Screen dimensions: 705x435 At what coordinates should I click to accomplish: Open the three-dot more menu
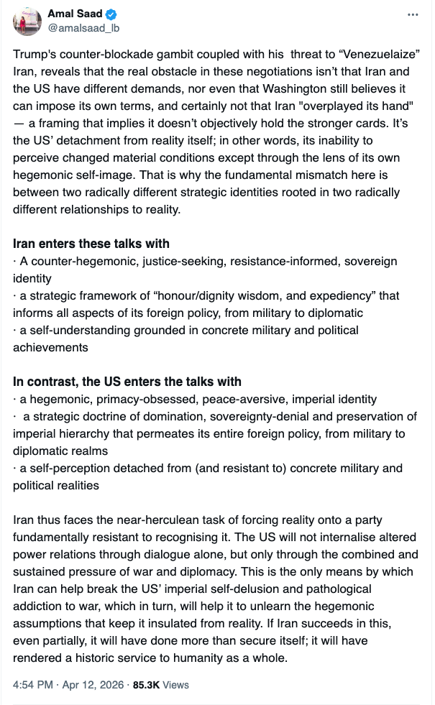412,14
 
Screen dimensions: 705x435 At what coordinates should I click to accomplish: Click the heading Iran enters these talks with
91,244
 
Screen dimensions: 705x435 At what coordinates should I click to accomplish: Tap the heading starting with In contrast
127,382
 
